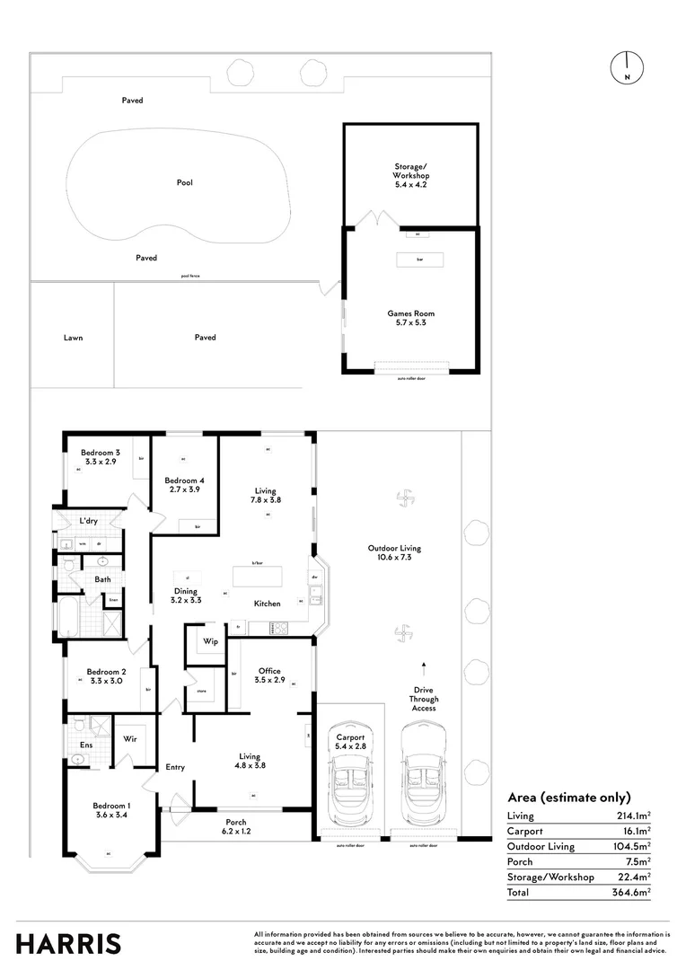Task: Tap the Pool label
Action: point(184,182)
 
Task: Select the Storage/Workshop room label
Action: point(411,171)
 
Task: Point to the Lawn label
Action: point(73,338)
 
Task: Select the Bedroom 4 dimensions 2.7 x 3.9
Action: point(183,490)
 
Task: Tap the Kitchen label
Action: point(267,604)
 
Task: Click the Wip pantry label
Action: point(210,641)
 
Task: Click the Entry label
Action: point(175,767)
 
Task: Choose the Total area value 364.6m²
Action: point(634,893)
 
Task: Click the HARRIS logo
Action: point(68,943)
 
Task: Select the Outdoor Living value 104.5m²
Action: point(634,846)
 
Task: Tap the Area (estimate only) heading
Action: point(568,797)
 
